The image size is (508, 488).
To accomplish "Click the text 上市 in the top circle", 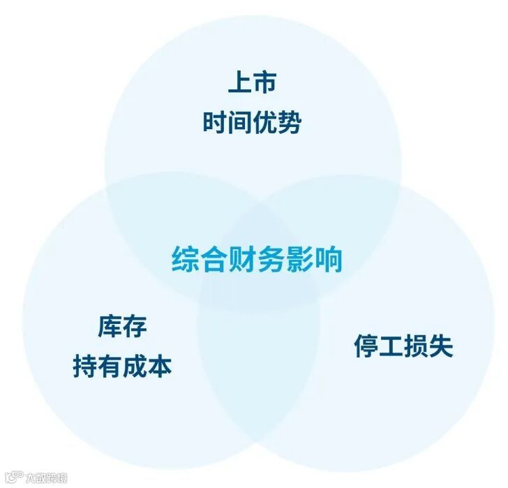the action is click(x=252, y=82).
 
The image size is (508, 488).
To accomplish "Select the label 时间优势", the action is click(x=252, y=122).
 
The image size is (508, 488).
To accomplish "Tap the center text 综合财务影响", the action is click(x=257, y=259).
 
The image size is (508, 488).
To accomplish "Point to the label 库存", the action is click(x=122, y=326).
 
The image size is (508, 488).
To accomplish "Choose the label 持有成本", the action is click(x=122, y=366).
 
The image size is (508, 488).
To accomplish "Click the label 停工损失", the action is click(x=403, y=346).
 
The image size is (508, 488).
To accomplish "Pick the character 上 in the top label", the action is click(x=239, y=82).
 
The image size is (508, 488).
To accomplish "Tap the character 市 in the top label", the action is click(x=264, y=82).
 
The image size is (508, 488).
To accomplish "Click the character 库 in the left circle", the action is click(x=110, y=326).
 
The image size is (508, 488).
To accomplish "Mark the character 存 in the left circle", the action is click(x=135, y=326).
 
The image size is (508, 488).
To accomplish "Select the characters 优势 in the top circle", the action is click(x=277, y=122).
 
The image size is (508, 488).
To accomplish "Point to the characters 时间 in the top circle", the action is click(x=227, y=122).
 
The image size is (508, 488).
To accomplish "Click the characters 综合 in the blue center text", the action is click(x=196, y=259).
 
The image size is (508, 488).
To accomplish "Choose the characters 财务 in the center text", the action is click(x=257, y=259).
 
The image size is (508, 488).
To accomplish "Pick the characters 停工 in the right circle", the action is click(x=378, y=346).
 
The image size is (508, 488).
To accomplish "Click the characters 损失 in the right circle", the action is click(x=428, y=346).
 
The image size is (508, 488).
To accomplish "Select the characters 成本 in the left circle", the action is click(x=147, y=366).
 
